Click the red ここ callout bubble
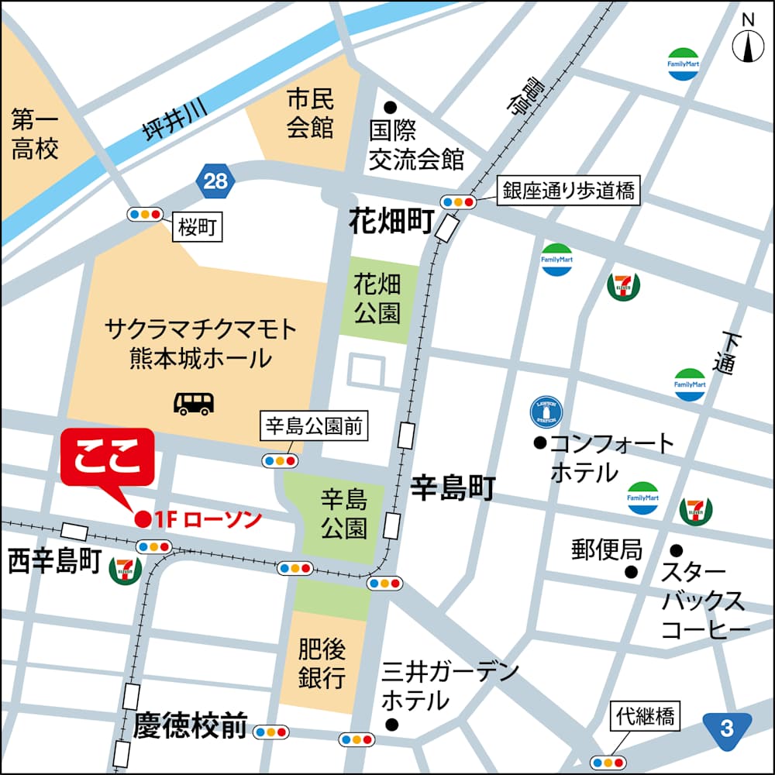(108, 458)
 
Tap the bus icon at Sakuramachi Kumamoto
(193, 402)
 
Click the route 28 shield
(215, 181)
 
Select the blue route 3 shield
(727, 729)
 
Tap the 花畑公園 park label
(377, 298)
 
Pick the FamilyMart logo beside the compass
(684, 64)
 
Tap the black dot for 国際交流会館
(390, 107)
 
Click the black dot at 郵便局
(632, 572)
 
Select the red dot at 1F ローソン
(143, 519)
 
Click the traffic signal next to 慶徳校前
(270, 731)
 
